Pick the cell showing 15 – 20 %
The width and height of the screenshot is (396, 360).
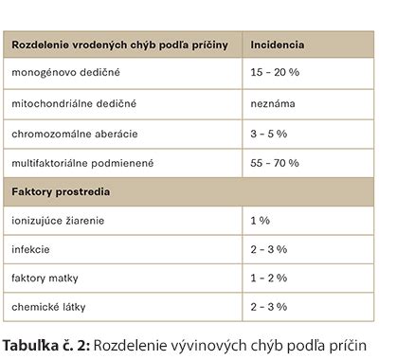coord(275,72)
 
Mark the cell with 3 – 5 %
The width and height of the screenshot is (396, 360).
coord(269,133)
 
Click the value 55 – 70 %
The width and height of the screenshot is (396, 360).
coord(275,163)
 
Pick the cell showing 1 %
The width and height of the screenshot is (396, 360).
coord(261,221)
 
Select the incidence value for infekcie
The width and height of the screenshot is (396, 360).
coord(269,250)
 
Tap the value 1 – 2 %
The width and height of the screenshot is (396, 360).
coord(269,279)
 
